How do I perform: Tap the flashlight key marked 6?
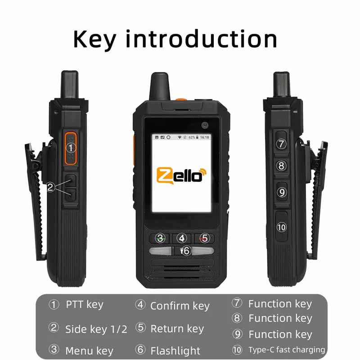click(185, 251)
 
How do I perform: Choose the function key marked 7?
click(282, 144)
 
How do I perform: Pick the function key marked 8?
click(282, 166)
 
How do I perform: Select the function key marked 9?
click(282, 192)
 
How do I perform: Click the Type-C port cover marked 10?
click(282, 227)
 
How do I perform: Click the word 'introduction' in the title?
click(201, 40)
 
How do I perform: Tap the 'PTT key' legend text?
click(85, 305)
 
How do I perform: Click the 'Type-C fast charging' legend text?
click(287, 350)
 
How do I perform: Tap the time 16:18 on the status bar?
click(205, 137)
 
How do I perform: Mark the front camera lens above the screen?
click(206, 123)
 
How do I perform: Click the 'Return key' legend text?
click(177, 329)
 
